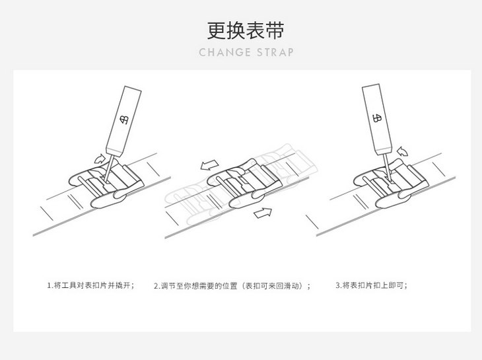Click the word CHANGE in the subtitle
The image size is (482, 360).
pyautogui.click(x=221, y=52)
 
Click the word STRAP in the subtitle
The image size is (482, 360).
pyautogui.click(x=273, y=52)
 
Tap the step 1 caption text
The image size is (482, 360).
pyautogui.click(x=90, y=286)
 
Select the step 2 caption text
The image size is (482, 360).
pyautogui.click(x=232, y=286)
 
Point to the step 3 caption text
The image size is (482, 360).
pyautogui.click(x=371, y=286)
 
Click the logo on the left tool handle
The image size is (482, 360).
pyautogui.click(x=125, y=120)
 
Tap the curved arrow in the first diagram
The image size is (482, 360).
pyautogui.click(x=100, y=157)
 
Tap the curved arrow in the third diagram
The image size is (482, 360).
pyautogui.click(x=403, y=151)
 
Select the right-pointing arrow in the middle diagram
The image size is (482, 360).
pyautogui.click(x=263, y=212)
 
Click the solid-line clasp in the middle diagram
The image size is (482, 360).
pyautogui.click(x=238, y=182)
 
